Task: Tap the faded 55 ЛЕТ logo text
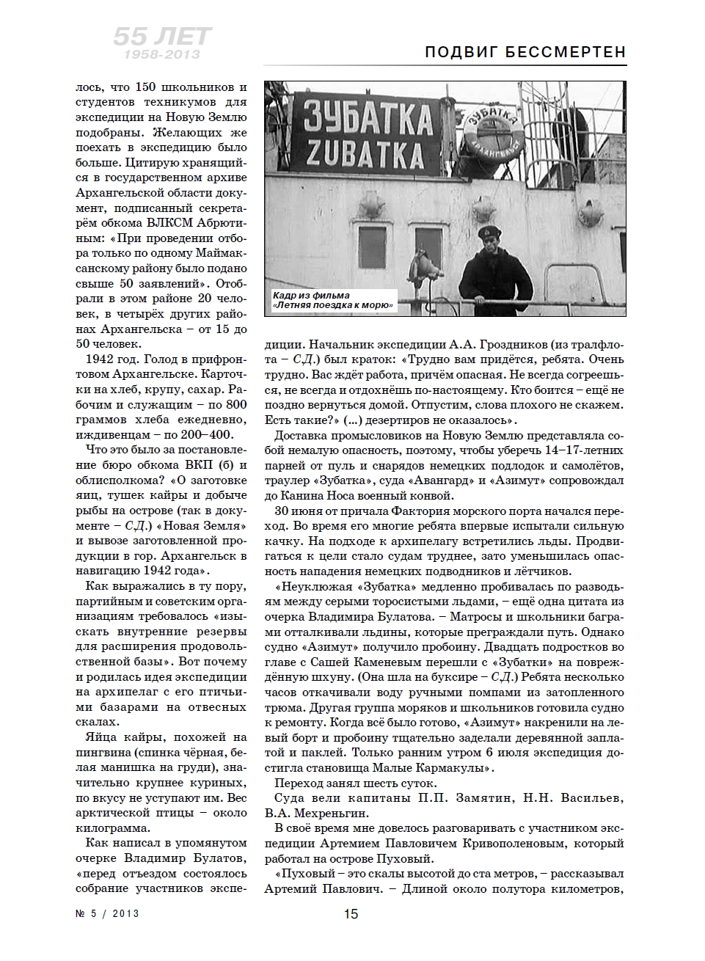pos(161,37)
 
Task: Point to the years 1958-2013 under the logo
pos(162,55)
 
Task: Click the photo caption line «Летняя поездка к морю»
pos(334,305)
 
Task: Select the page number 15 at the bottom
pos(351,914)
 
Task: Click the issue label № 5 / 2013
pos(106,914)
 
